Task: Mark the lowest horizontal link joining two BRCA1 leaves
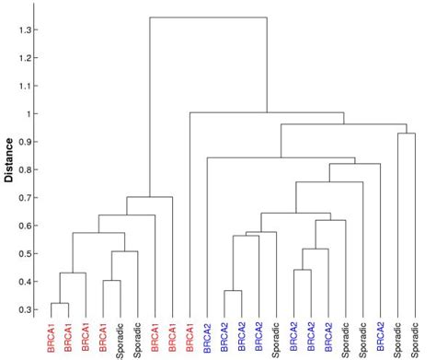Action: (x=60, y=304)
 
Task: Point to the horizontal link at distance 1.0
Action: (x=266, y=113)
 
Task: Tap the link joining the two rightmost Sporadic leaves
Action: (x=407, y=134)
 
